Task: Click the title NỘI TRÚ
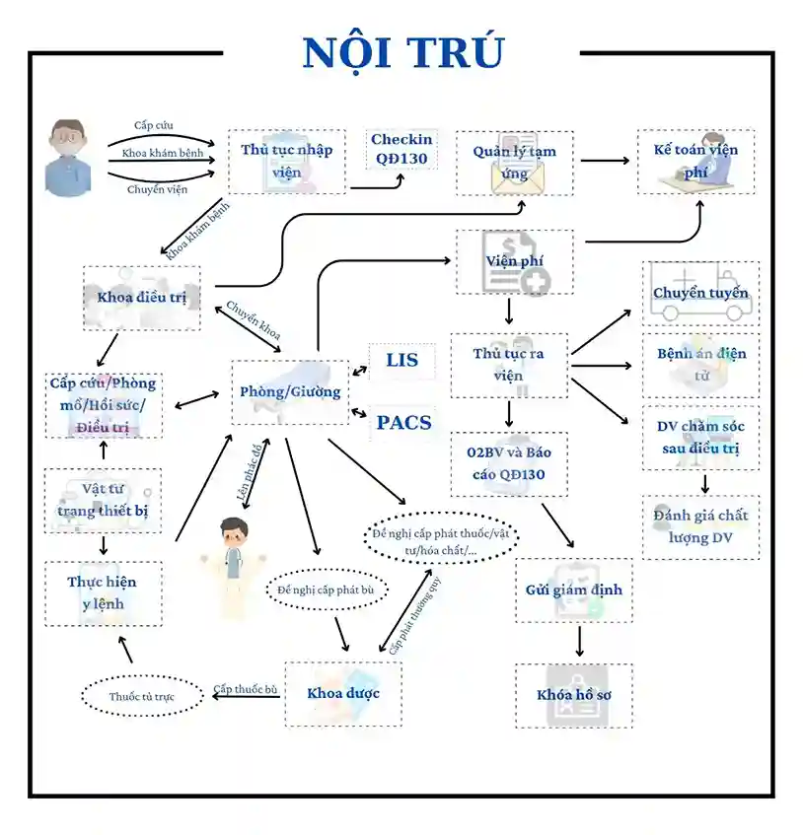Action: click(x=401, y=53)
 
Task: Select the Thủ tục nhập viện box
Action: click(x=287, y=162)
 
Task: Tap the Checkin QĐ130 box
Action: click(x=401, y=149)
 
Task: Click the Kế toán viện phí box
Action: click(x=695, y=162)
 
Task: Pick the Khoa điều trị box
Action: click(x=142, y=297)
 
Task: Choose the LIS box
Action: click(x=401, y=361)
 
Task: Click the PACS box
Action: click(x=403, y=423)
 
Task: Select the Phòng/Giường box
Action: click(x=290, y=391)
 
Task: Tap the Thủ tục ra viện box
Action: click(x=508, y=365)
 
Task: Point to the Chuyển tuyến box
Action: click(x=700, y=294)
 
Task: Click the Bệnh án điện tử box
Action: click(x=701, y=365)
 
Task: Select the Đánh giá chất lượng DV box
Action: click(x=700, y=526)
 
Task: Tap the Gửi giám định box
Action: click(x=574, y=591)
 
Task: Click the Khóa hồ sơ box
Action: click(x=574, y=695)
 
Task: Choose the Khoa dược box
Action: click(x=342, y=693)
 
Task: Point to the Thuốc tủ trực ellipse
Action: click(x=142, y=697)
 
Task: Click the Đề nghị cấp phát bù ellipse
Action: click(x=327, y=590)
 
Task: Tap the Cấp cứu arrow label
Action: click(x=154, y=125)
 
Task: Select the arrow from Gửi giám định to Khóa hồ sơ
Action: click(x=579, y=642)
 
